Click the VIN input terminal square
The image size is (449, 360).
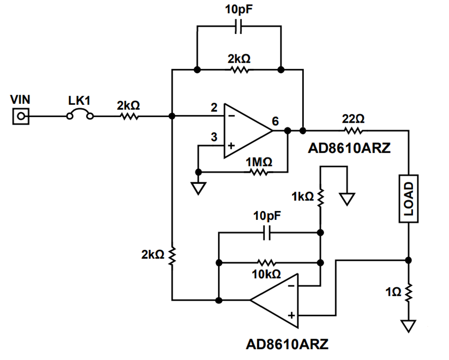[21, 116]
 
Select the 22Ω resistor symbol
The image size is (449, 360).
[353, 131]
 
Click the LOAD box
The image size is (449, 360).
[408, 198]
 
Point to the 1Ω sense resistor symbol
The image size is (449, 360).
[409, 293]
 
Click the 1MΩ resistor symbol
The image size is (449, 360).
[259, 172]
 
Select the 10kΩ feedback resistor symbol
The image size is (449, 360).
[266, 263]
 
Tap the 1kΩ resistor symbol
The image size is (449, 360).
[320, 197]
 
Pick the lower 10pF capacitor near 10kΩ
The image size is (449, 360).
[266, 233]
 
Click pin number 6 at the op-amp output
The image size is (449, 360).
[275, 121]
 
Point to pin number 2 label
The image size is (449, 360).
[214, 108]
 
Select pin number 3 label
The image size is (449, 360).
[214, 137]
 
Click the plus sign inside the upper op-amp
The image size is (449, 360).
[231, 146]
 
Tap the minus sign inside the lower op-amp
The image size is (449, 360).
[291, 286]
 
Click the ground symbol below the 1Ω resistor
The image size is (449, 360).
[408, 326]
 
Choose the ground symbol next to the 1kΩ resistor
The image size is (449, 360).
[347, 199]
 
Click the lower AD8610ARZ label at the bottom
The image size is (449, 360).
[287, 344]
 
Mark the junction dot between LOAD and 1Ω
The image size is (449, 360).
[409, 260]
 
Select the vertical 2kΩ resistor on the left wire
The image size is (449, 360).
[172, 254]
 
